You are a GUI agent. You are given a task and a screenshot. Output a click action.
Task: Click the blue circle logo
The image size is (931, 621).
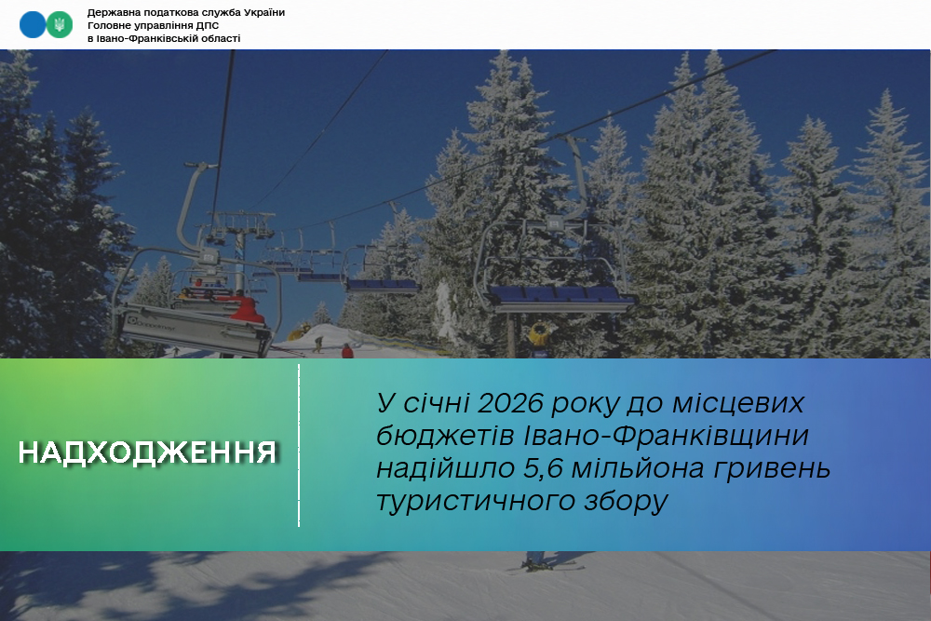tap(32, 25)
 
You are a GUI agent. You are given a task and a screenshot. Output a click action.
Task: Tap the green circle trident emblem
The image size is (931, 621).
tap(60, 25)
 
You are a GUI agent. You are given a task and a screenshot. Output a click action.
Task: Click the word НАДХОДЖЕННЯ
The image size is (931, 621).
tap(148, 452)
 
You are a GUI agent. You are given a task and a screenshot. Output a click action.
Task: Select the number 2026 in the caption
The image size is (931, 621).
tap(510, 404)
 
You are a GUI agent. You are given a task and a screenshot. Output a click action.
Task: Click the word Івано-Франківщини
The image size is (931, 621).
tap(667, 436)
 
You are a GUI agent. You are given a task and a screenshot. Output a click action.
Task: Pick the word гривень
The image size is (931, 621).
tap(771, 469)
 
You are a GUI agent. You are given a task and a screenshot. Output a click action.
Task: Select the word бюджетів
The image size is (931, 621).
tap(445, 436)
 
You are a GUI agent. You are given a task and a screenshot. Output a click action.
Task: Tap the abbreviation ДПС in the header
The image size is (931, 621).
tap(208, 25)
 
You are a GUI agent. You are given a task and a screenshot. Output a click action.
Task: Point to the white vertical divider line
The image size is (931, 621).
tap(299, 445)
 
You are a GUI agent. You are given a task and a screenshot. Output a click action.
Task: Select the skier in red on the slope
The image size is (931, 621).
tap(347, 351)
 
